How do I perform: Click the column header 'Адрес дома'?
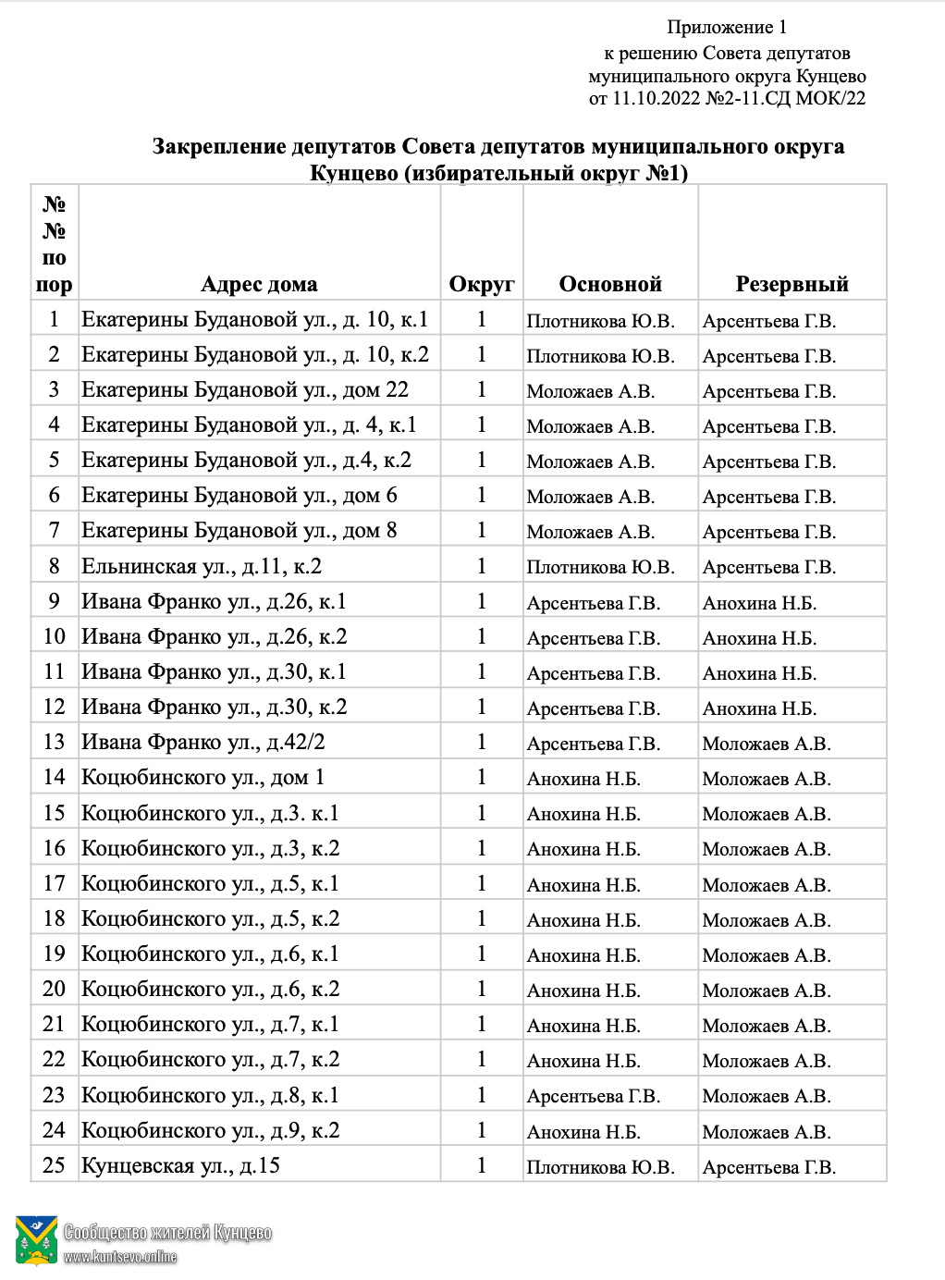(259, 284)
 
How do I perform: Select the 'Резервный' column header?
(792, 284)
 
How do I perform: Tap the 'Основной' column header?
(610, 284)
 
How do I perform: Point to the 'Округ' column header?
(481, 284)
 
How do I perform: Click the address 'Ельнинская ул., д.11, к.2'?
(202, 566)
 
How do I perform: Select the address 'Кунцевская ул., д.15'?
(180, 1165)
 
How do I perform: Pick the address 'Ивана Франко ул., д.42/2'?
(202, 742)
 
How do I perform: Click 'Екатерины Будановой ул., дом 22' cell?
(245, 390)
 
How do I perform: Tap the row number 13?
(54, 742)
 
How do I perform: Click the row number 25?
(54, 1165)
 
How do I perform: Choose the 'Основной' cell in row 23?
(593, 1096)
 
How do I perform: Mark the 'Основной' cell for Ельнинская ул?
(600, 567)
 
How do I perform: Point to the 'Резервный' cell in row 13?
(766, 744)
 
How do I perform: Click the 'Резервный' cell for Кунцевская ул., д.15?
(768, 1167)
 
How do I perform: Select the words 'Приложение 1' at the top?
(727, 28)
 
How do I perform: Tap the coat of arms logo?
(37, 1240)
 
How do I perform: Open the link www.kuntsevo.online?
(120, 1257)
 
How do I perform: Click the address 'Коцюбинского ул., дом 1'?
(202, 777)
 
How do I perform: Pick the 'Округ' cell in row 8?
(481, 566)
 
